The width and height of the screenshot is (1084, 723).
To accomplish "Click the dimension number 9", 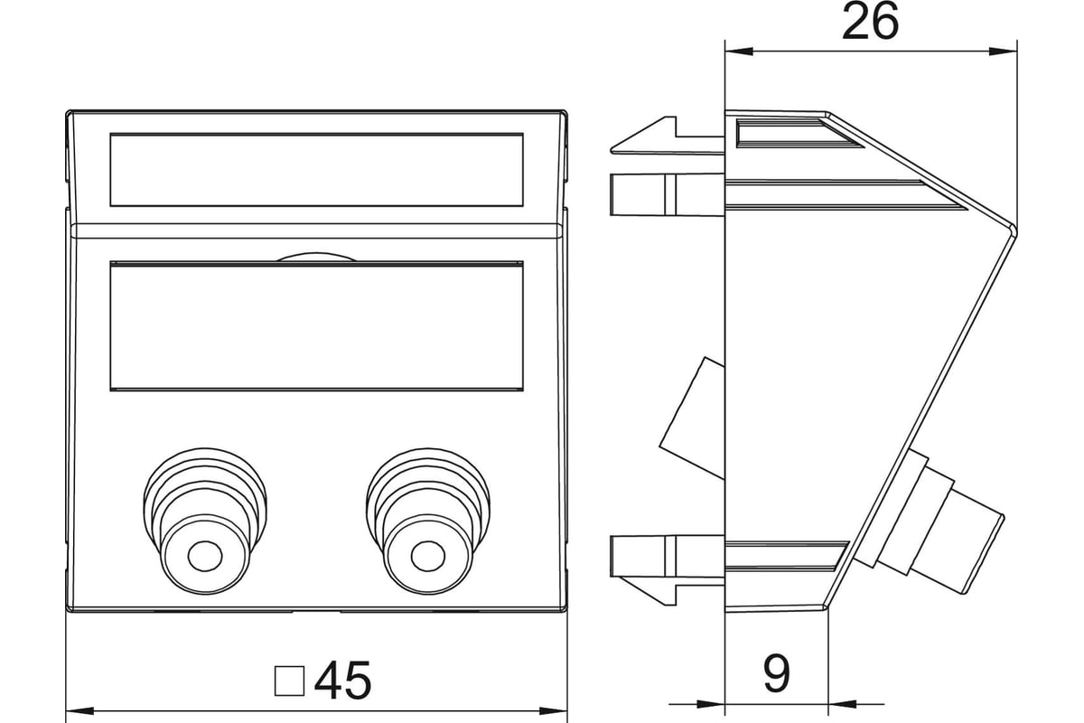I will tap(777, 673).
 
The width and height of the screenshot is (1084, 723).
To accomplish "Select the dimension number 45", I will tap(343, 681).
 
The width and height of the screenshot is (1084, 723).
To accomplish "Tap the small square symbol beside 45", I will tap(289, 681).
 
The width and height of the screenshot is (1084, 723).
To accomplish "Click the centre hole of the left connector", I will tap(206, 555).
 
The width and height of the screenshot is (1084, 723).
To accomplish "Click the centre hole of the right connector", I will tap(428, 555).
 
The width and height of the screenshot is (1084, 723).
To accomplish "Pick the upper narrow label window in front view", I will tap(316, 170).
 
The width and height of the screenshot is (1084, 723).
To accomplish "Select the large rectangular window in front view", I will tap(316, 327).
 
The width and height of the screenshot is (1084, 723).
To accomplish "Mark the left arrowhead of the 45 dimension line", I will tap(76, 710).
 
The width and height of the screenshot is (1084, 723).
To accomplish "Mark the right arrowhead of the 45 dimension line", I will tap(556, 710).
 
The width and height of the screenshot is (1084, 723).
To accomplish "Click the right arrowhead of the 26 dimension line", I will tap(1008, 51).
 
